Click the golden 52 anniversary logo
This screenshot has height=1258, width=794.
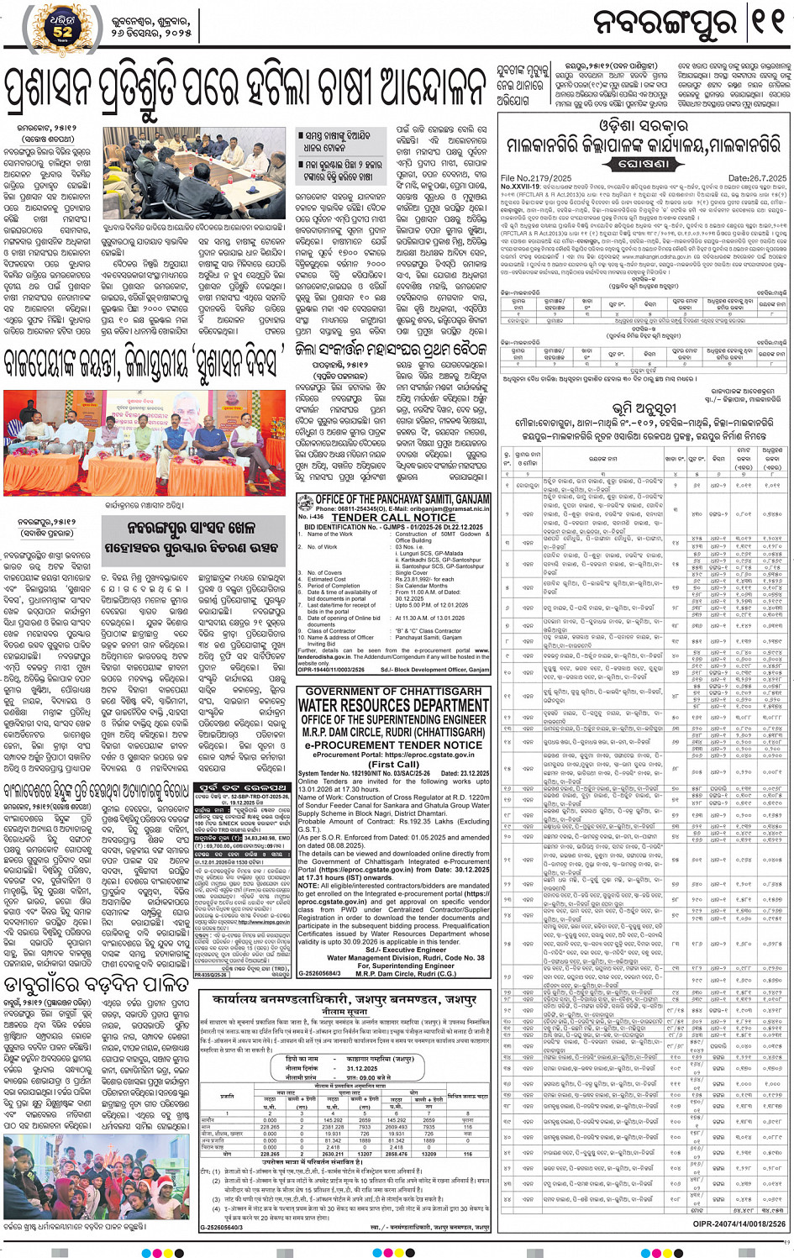coord(62,28)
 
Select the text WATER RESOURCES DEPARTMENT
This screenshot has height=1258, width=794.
coord(393,706)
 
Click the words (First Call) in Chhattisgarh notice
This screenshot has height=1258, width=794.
coord(393,765)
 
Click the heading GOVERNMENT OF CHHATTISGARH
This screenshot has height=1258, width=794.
coord(393,691)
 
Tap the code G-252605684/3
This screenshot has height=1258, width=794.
coord(319,973)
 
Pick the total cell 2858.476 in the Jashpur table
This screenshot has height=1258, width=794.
coord(397,1154)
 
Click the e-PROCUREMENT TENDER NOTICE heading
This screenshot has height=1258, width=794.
coord(393,745)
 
